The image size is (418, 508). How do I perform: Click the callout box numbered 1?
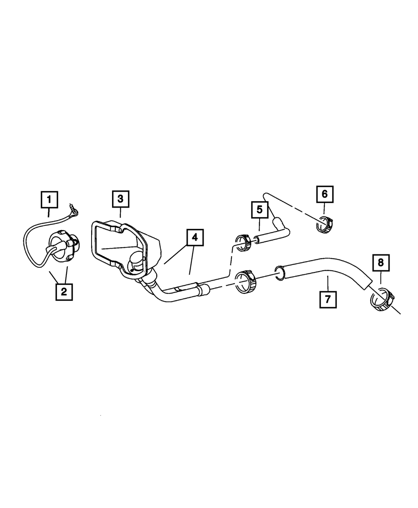(49, 200)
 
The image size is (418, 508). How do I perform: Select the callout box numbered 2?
(64, 292)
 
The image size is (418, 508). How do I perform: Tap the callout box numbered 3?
(120, 199)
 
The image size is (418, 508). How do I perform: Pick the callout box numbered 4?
(195, 237)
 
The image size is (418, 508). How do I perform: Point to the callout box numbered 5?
(260, 209)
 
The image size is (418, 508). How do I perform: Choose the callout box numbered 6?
(325, 194)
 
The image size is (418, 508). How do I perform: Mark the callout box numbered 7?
(328, 300)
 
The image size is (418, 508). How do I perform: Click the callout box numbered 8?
(381, 263)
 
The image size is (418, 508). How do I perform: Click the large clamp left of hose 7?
(246, 282)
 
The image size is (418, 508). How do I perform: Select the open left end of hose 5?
(257, 240)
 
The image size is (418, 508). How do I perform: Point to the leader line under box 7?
(328, 283)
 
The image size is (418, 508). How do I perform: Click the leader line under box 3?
(120, 213)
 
